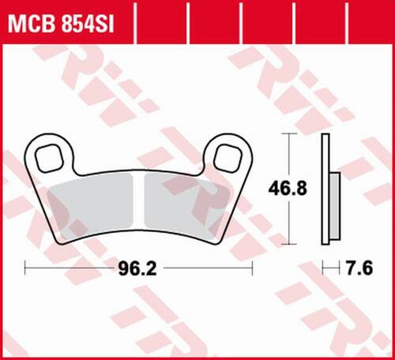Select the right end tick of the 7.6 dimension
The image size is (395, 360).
coord(340,268)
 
